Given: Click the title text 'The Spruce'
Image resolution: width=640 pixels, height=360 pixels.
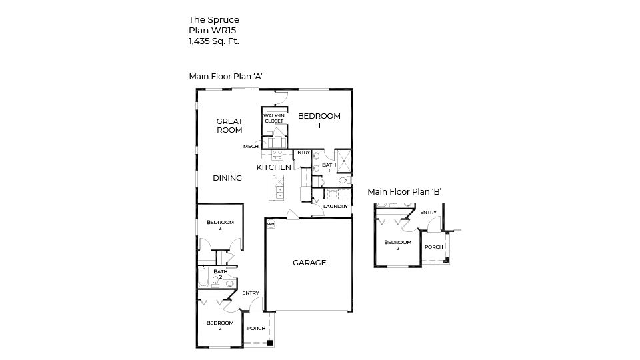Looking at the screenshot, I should click(213, 20).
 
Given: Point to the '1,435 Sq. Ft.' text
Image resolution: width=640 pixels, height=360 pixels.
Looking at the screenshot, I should click(213, 41).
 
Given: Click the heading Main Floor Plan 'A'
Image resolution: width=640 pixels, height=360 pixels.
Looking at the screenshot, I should click(225, 76).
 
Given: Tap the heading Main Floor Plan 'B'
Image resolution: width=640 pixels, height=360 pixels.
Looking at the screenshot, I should click(405, 192).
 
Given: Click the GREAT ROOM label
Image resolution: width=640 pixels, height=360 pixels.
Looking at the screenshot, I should click(229, 125).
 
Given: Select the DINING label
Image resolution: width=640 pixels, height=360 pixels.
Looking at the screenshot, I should click(227, 178).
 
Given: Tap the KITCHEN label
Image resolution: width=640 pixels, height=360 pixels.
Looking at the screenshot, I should click(273, 167).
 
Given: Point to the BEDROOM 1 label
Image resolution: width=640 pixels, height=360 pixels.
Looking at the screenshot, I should click(319, 120).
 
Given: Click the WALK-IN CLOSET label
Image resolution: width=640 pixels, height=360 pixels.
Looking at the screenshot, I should click(273, 119).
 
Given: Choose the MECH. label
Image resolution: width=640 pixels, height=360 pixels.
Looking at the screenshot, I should click(251, 147).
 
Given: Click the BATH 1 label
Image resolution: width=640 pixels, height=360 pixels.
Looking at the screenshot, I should click(329, 167).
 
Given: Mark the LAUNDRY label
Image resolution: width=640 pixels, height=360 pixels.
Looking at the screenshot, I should click(335, 207).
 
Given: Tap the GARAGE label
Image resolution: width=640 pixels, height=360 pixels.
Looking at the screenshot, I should click(309, 263).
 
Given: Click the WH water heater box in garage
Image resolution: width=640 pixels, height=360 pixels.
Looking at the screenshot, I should click(271, 225).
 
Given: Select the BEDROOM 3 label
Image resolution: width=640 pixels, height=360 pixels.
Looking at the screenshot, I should click(219, 225).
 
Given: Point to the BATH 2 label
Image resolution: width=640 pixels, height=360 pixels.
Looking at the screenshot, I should click(220, 273).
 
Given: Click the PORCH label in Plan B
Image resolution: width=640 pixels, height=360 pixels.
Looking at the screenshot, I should click(434, 247).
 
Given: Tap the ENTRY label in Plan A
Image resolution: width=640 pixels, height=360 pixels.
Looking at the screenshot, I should click(251, 293).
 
